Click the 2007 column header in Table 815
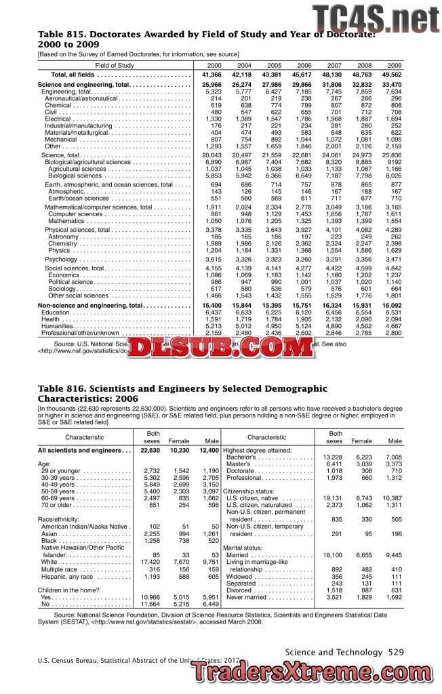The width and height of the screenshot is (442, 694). (x=334, y=65)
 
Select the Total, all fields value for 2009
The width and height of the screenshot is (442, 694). (x=392, y=75)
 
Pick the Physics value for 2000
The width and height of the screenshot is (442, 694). (x=212, y=251)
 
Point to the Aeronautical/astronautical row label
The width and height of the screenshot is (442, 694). (x=85, y=98)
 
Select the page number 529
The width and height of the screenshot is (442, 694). (x=395, y=652)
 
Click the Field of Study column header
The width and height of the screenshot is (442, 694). (x=114, y=65)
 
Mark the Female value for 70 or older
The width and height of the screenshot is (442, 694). (x=179, y=504)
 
